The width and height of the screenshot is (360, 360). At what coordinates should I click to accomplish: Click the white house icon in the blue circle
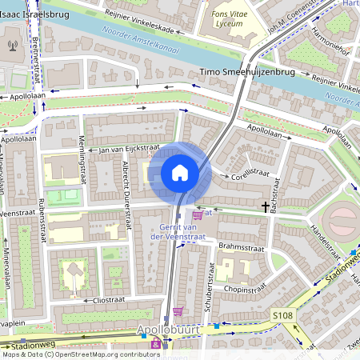click(180, 173)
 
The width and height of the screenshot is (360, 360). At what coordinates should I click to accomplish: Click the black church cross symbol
click(265, 207)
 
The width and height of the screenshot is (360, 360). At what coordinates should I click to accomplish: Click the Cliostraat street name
click(110, 300)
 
